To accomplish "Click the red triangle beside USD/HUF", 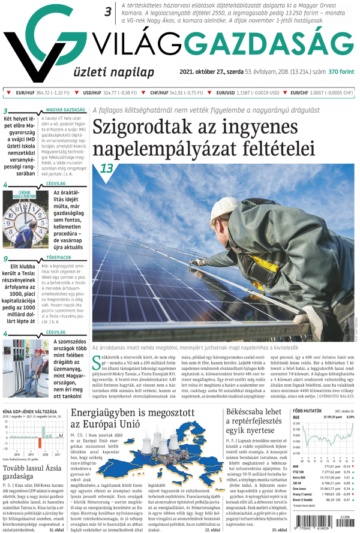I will (x=77, y=93).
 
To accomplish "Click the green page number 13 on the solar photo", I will (x=106, y=168).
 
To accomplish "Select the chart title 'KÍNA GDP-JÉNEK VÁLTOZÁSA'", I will (x=29, y=412).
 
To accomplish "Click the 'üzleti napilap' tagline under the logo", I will (x=106, y=73).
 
